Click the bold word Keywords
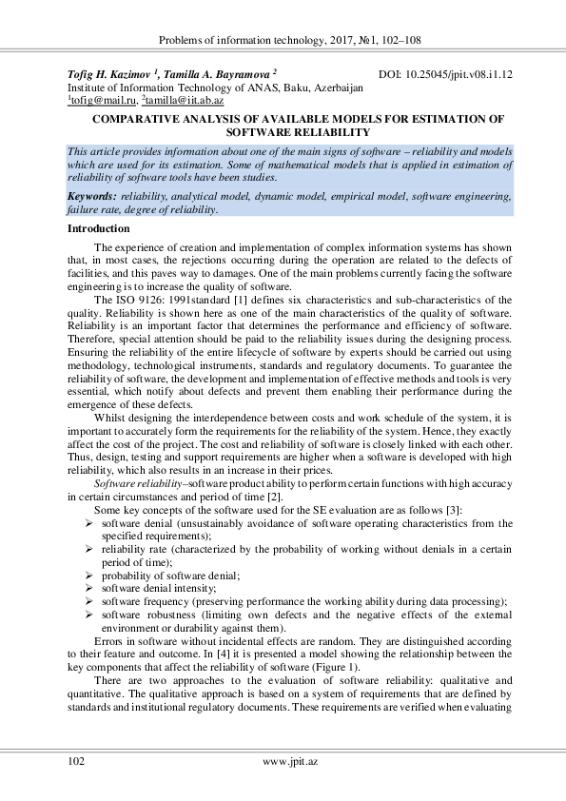91,196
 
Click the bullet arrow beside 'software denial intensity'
89,589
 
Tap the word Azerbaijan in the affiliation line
334,86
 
